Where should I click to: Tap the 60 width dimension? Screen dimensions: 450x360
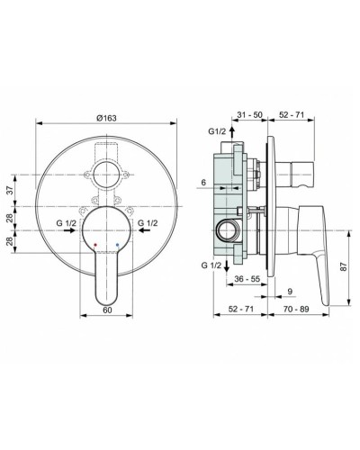108,309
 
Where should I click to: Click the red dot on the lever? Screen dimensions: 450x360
96,244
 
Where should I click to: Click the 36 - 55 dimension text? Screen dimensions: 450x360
244,280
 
